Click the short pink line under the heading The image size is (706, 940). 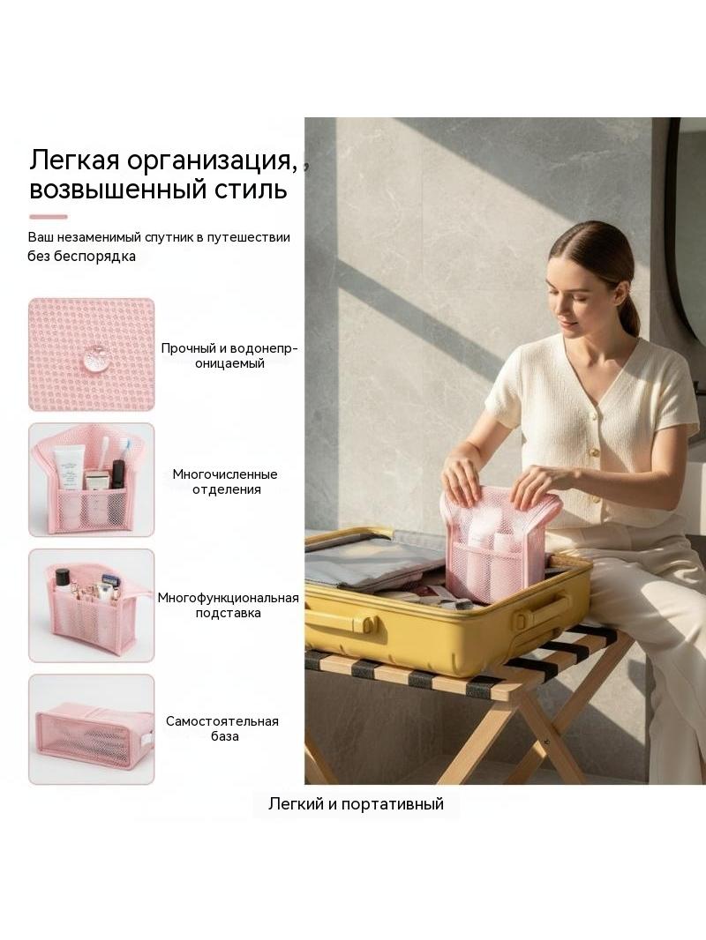(x=48, y=217)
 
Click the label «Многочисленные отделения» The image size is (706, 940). (x=226, y=482)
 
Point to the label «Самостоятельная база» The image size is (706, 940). (x=222, y=728)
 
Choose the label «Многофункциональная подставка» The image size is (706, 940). (x=228, y=606)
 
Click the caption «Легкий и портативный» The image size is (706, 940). (x=356, y=804)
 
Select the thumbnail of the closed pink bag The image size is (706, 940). (x=92, y=729)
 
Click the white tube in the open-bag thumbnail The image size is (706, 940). (x=68, y=468)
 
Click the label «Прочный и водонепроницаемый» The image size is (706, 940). (x=229, y=356)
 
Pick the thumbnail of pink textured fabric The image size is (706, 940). (x=92, y=354)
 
